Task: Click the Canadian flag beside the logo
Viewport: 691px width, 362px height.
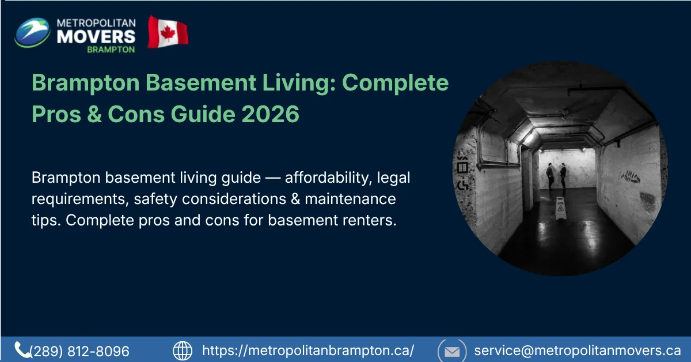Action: (168, 32)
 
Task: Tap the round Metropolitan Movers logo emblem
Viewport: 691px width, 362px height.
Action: (32, 32)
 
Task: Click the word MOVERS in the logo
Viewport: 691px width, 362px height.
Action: (96, 36)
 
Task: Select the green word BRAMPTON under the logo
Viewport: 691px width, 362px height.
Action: (111, 50)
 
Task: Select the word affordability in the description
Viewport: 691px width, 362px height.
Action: (326, 178)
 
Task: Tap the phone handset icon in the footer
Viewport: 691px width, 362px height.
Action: (22, 349)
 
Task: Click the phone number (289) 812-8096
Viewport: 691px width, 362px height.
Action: (79, 351)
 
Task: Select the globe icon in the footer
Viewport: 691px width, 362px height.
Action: (183, 350)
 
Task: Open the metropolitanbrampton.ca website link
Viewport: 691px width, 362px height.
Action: (308, 350)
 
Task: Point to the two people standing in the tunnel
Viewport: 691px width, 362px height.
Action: (556, 176)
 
